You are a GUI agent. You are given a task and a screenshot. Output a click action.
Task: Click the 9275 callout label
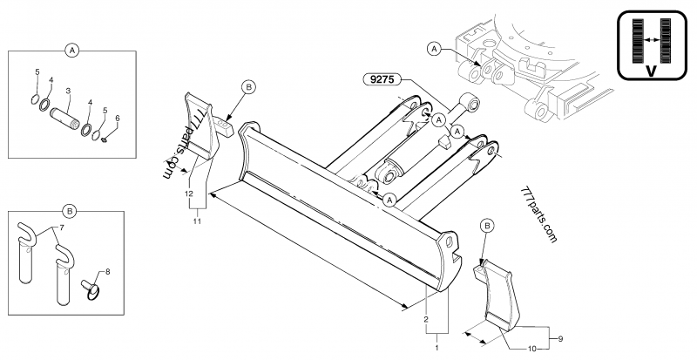coord(380,78)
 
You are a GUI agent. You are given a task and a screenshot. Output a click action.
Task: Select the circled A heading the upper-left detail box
coord(72,51)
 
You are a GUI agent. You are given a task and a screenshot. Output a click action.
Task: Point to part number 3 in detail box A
coord(69,91)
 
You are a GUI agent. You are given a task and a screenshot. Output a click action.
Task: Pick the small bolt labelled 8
coord(90,286)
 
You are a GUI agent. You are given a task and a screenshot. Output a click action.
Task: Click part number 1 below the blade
coord(436,347)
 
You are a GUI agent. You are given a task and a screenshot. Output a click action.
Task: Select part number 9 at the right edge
coord(561,337)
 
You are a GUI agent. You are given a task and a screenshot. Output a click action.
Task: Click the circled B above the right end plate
coord(487,226)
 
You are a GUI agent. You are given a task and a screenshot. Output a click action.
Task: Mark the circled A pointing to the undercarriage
coord(434,49)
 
